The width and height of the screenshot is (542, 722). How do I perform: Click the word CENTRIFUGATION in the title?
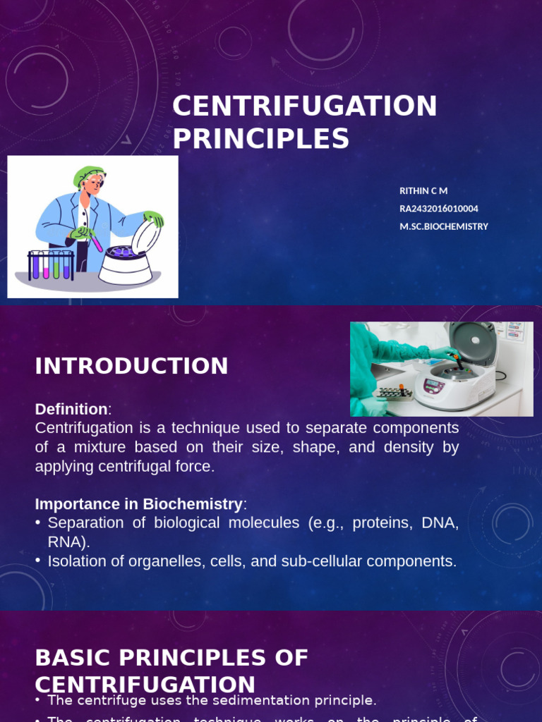coord(305,106)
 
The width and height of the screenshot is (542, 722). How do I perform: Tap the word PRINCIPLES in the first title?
coord(260,139)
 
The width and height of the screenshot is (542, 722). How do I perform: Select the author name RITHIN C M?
coord(423,191)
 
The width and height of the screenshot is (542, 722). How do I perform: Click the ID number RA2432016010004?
coord(438,209)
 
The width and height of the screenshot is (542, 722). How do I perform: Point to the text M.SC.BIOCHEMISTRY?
coord(443,226)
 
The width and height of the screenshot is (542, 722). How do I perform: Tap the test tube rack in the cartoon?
coord(50,265)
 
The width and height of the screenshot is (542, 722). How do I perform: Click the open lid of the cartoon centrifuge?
coord(145,237)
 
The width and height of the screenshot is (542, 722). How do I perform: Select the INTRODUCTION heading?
coord(131,366)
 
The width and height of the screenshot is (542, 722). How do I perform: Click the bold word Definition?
coord(71,409)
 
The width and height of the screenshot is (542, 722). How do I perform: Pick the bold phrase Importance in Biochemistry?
coord(138,504)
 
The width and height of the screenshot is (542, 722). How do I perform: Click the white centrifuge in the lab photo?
coord(455,381)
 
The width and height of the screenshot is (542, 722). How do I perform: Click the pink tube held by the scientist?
coord(97,244)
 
